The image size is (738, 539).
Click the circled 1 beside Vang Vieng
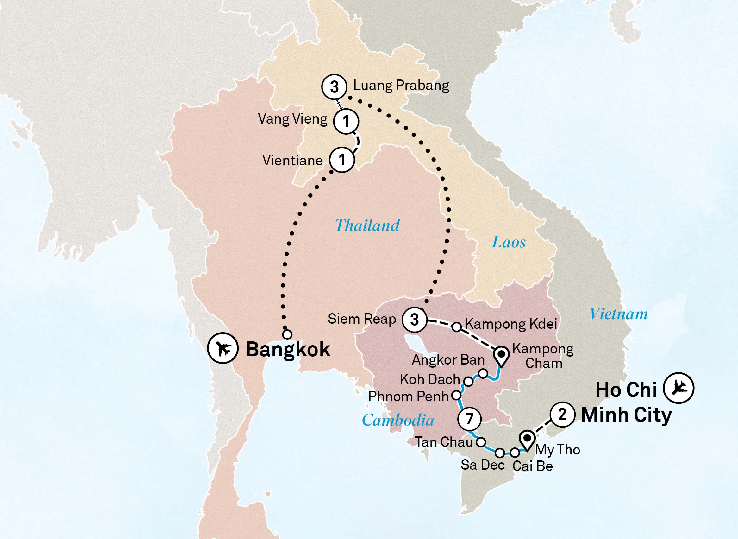tap(346, 121)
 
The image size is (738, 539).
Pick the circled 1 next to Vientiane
tap(341, 160)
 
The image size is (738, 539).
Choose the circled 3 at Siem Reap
tap(414, 320)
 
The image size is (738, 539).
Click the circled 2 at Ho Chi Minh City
tap(562, 415)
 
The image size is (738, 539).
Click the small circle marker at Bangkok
tap(287, 334)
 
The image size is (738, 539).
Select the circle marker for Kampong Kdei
tap(457, 327)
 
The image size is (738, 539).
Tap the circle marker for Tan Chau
tap(481, 442)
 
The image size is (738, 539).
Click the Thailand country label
tap(367, 225)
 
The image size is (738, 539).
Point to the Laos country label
tap(509, 242)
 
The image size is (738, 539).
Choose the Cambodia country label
tap(398, 420)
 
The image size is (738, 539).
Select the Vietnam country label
tap(618, 314)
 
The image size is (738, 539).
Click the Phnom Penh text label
tap(409, 397)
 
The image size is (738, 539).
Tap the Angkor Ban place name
tap(448, 360)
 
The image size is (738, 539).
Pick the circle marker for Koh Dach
tap(468, 381)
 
